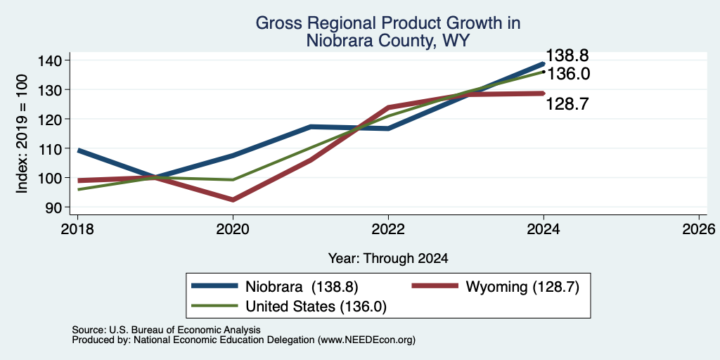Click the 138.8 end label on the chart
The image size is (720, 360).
point(567,56)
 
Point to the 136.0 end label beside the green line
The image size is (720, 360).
point(568,73)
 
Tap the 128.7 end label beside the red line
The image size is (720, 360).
point(567,104)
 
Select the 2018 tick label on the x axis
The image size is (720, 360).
point(77,229)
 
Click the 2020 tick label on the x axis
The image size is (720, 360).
point(233,229)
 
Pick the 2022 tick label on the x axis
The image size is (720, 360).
point(388,229)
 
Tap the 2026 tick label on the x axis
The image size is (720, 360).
point(699,229)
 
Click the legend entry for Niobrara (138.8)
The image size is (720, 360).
point(275,287)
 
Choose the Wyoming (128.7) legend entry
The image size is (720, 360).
point(496,287)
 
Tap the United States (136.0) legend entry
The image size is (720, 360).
point(288,307)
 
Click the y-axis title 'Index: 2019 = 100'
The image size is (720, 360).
point(22,134)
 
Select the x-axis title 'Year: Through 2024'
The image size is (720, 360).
point(388,259)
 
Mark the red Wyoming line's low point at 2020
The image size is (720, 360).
point(233,200)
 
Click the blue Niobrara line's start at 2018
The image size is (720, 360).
point(79,150)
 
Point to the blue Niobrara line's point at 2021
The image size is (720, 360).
point(311,127)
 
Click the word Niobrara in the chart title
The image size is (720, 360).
point(337,41)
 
